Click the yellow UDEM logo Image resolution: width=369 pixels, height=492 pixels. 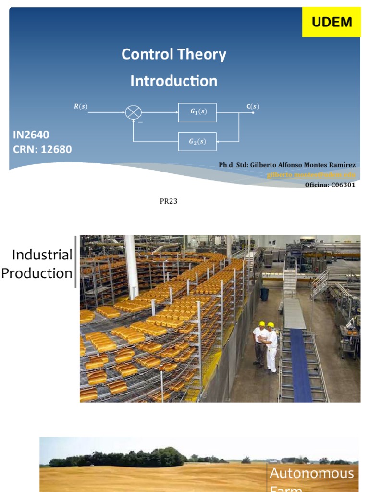[332, 22]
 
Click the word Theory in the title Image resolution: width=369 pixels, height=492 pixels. [201, 54]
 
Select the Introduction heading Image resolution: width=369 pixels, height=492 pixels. [173, 81]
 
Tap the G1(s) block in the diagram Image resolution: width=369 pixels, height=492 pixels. [197, 112]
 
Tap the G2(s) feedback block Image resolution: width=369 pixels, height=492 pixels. [197, 141]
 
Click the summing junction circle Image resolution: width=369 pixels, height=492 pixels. [133, 112]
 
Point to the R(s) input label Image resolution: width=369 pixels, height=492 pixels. [80, 107]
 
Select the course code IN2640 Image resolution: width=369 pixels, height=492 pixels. [31, 135]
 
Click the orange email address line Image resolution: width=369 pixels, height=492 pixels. [311, 175]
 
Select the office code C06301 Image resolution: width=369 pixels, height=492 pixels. [343, 184]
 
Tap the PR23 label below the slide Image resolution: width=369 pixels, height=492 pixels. [169, 201]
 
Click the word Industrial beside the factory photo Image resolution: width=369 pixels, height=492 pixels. [42, 255]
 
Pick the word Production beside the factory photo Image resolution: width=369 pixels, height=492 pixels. [37, 273]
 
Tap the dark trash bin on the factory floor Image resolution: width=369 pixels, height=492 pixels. [264, 294]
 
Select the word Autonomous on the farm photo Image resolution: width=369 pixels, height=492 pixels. [311, 473]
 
